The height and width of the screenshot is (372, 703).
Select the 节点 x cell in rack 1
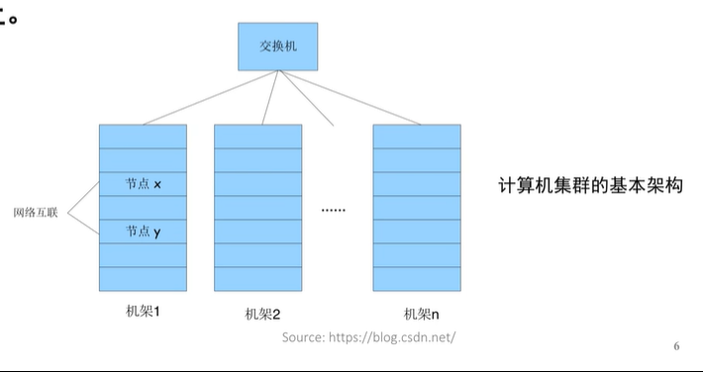143,184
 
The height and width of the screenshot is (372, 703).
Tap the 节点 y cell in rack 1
143,232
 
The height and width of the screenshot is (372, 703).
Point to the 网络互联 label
36,212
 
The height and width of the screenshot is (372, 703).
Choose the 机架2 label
262,315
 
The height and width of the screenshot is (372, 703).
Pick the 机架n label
421,315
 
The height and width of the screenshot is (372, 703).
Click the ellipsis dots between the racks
334,210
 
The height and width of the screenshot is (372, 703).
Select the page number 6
676,346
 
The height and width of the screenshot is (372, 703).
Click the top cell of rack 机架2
257,136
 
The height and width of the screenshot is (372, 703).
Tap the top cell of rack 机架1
143,136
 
